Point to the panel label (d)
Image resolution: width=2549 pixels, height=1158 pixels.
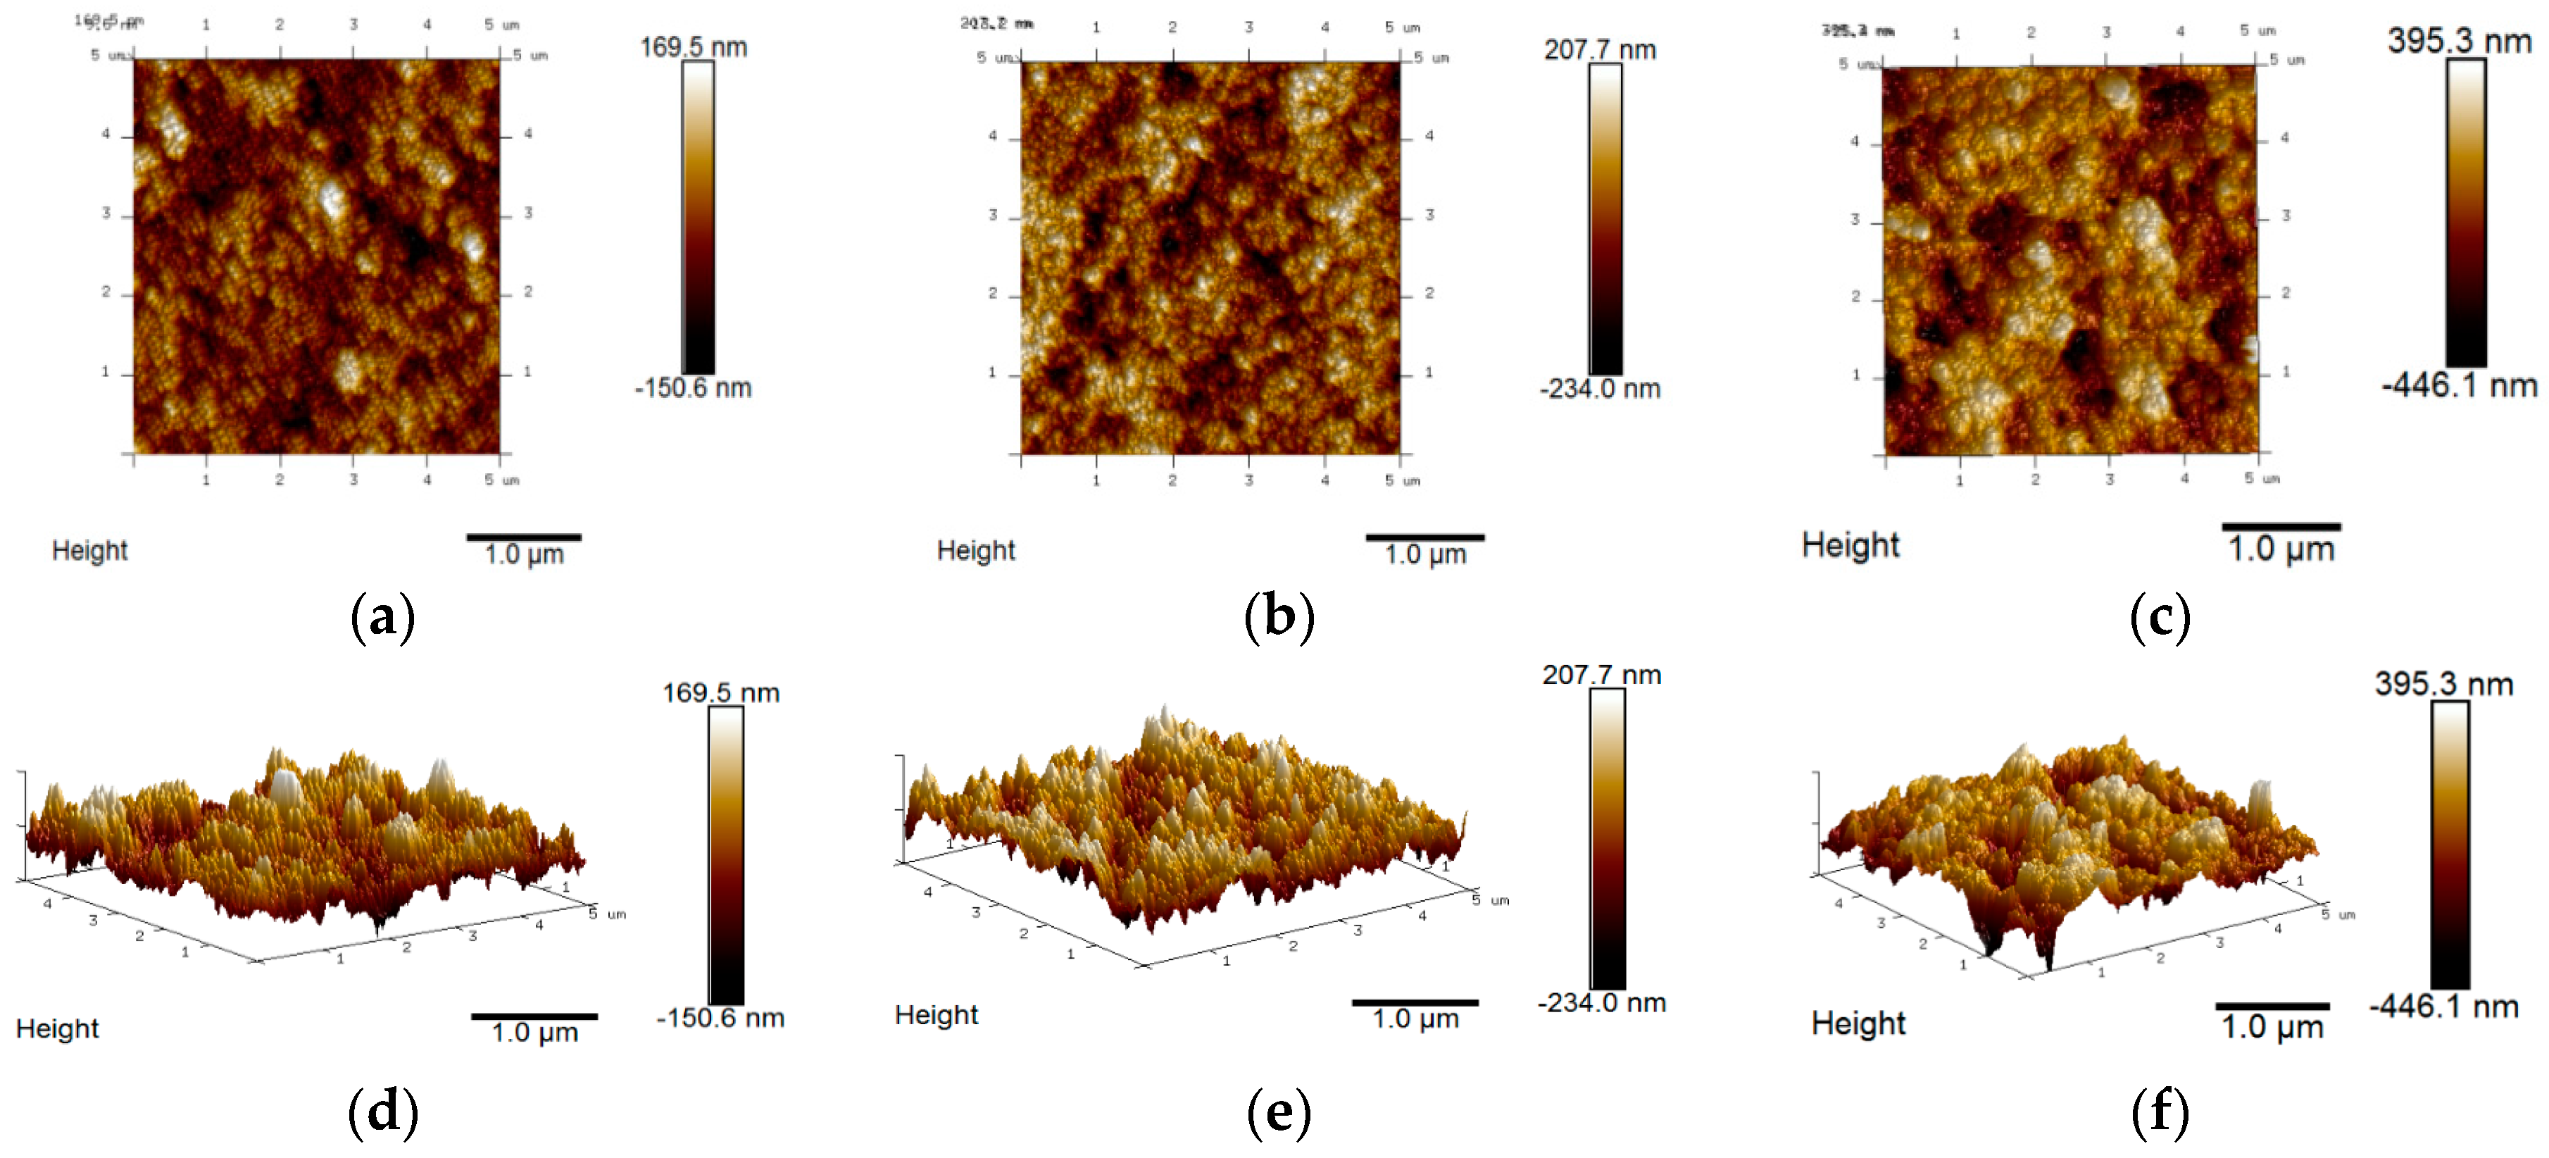click(383, 1112)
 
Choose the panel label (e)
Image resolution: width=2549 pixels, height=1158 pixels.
click(1279, 1112)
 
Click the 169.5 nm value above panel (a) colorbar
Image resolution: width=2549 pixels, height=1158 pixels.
click(693, 46)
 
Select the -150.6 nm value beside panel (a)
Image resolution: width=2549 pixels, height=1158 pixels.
click(693, 388)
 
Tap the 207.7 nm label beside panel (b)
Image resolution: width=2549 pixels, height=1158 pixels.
click(1599, 49)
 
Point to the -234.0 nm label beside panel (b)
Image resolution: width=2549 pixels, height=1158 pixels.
click(1599, 389)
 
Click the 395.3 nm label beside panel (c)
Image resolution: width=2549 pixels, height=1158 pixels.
click(2458, 41)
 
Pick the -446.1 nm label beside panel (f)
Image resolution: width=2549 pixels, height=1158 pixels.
click(2443, 1007)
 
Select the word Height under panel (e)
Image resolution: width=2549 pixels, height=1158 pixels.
click(935, 1016)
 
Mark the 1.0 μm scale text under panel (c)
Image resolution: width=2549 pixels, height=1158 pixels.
click(2280, 549)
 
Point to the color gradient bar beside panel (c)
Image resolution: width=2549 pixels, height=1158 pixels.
click(2465, 212)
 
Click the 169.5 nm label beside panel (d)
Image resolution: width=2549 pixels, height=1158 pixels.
click(720, 693)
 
